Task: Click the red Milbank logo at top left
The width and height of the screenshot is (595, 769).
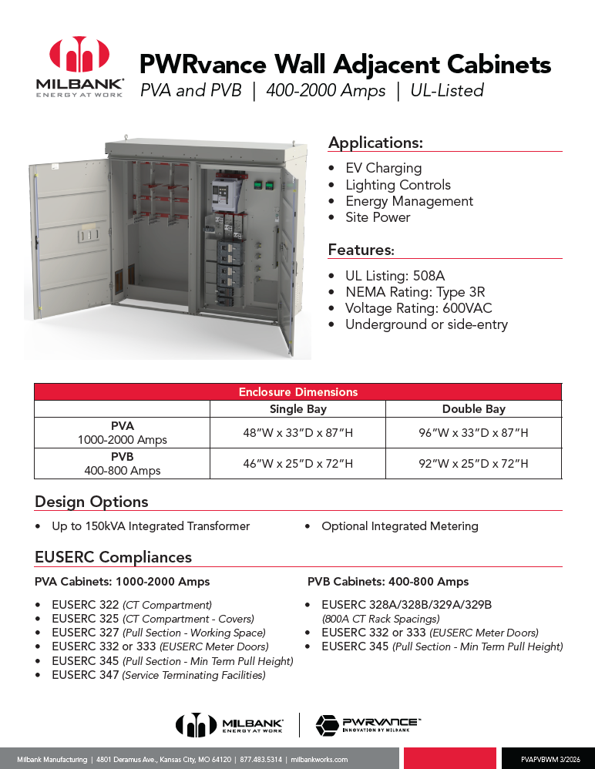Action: coord(80,55)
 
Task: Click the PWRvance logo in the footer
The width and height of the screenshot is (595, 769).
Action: coord(368,725)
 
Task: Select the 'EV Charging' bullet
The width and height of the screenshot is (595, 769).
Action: coord(383,168)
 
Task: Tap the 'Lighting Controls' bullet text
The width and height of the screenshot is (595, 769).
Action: coord(398,185)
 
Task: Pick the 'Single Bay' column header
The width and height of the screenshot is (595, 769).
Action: coord(297,409)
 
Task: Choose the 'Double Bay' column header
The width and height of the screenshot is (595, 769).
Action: coord(473,409)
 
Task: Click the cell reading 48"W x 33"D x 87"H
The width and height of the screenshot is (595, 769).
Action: coord(297,433)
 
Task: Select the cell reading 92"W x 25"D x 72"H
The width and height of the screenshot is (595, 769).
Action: coord(473,463)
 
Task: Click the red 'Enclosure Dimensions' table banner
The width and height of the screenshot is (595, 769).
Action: coord(297,391)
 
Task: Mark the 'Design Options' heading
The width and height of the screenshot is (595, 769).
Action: coord(91,502)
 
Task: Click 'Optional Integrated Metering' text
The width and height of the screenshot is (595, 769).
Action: coord(399,526)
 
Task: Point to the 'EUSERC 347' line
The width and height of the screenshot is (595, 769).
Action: coord(158,675)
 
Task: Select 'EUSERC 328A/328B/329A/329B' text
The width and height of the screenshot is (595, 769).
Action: coord(406,605)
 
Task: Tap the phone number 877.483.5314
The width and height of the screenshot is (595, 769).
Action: coord(260,759)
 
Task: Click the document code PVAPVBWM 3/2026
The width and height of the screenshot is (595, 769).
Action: coord(550,759)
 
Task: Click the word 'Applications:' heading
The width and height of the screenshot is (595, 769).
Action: coord(375,143)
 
